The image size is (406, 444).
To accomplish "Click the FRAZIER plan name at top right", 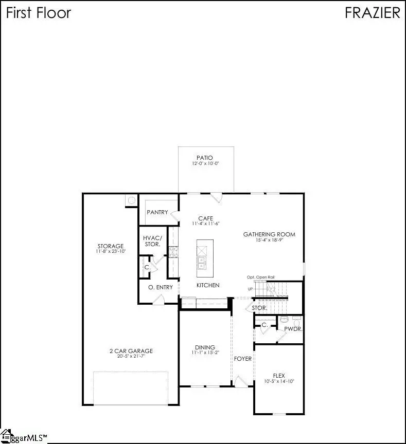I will pyautogui.click(x=372, y=13).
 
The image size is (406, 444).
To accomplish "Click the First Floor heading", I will pyautogui.click(x=38, y=13).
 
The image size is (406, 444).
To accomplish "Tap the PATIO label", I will pyautogui.click(x=204, y=158).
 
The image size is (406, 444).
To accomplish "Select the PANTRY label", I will pyautogui.click(x=157, y=212).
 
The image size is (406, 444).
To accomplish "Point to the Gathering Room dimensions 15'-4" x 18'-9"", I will pyautogui.click(x=269, y=240).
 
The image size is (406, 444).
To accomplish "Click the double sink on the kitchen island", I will pyautogui.click(x=201, y=263).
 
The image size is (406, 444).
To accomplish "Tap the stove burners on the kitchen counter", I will pyautogui.click(x=174, y=251).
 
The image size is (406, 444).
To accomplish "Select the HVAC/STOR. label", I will pyautogui.click(x=152, y=240).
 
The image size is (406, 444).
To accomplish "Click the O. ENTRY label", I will pyautogui.click(x=160, y=287).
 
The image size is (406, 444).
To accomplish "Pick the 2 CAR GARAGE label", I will pyautogui.click(x=131, y=351).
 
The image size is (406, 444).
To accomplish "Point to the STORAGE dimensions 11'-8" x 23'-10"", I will pyautogui.click(x=111, y=251).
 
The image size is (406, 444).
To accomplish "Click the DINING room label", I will pyautogui.click(x=204, y=347).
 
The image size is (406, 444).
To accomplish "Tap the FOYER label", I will pyautogui.click(x=243, y=358).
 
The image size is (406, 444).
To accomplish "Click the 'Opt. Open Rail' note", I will pyautogui.click(x=260, y=277).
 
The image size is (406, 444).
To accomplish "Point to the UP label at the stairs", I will pyautogui.click(x=250, y=289).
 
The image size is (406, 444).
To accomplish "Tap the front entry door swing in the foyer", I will pyautogui.click(x=240, y=381).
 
